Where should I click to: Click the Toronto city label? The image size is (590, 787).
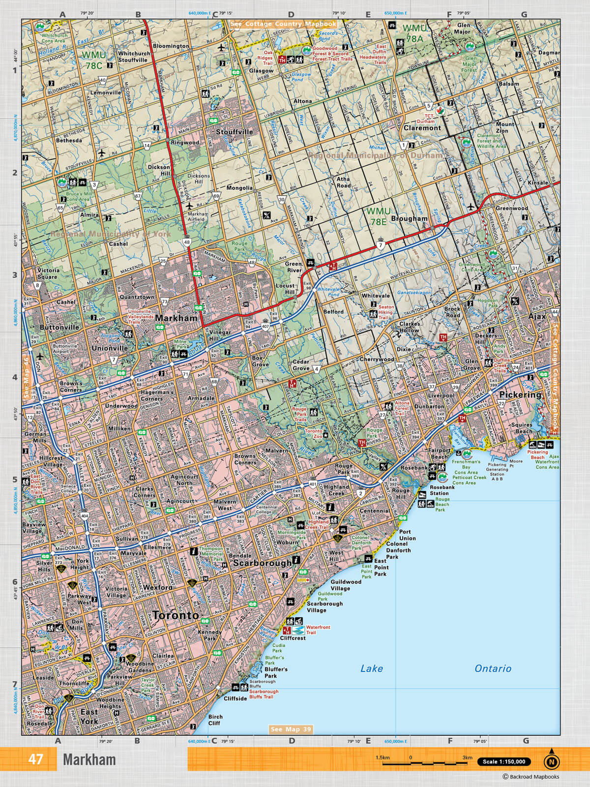(x=176, y=615)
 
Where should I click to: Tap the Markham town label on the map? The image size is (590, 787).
(x=176, y=318)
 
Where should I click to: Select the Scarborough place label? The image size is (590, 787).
(x=262, y=563)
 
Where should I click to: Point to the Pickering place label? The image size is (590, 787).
(x=520, y=394)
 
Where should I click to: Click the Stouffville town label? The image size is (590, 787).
(x=235, y=132)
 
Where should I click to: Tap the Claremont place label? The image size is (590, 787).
(x=422, y=128)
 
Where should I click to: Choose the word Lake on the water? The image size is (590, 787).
(x=371, y=668)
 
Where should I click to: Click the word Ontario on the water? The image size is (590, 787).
(x=493, y=668)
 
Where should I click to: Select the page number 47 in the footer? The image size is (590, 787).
(x=35, y=759)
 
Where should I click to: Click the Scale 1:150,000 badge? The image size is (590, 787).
(x=504, y=762)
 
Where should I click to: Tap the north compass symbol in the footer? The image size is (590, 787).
(x=552, y=760)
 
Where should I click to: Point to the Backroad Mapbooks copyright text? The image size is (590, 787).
(x=531, y=777)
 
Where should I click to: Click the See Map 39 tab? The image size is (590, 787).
(x=291, y=729)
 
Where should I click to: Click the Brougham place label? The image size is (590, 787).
(x=409, y=218)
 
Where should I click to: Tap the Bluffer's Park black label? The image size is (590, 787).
(x=276, y=672)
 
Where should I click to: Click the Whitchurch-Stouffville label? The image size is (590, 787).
(x=133, y=57)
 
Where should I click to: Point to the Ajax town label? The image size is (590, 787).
(x=537, y=316)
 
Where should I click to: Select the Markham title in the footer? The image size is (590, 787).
(x=89, y=760)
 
